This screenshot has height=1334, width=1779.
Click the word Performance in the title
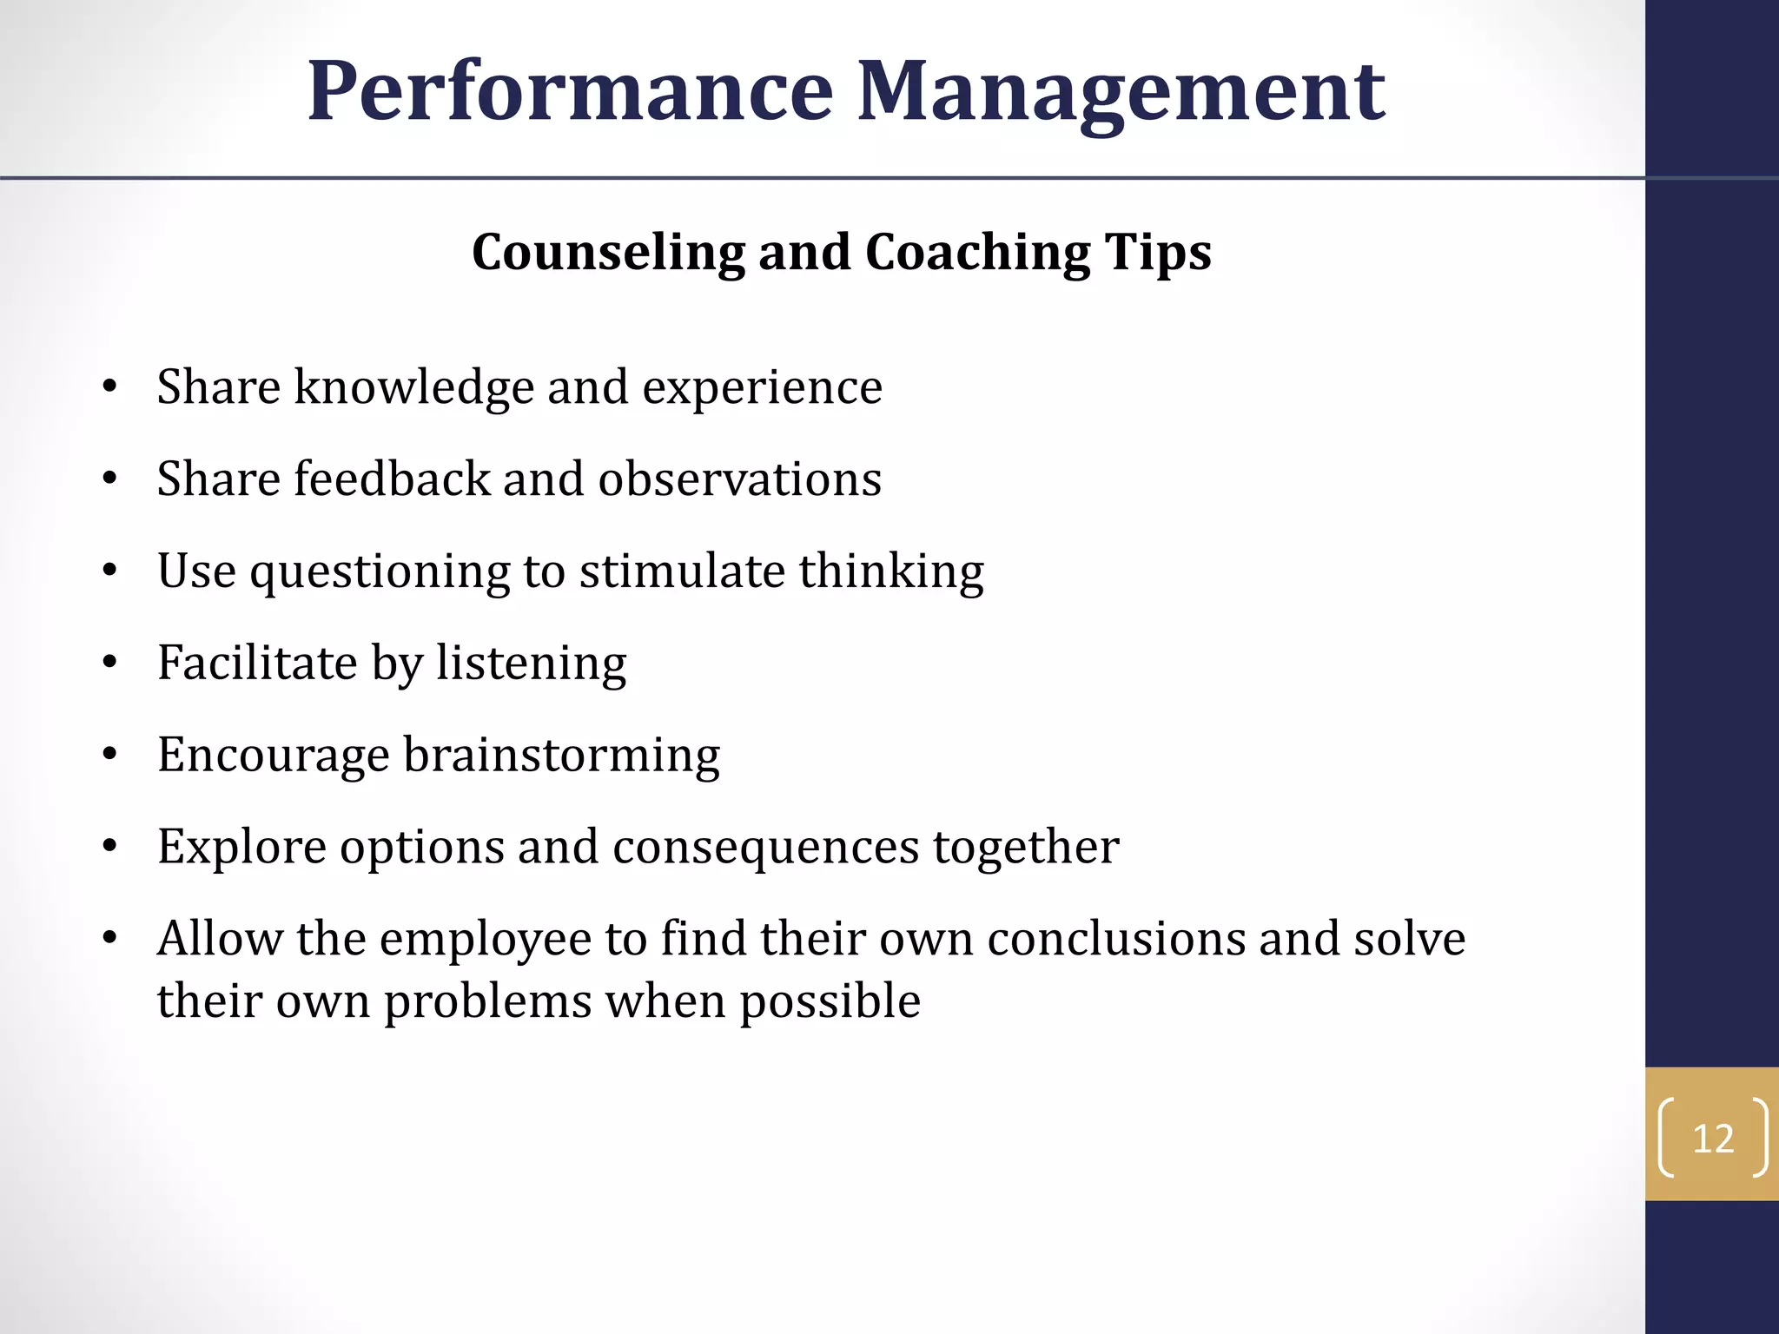tap(571, 91)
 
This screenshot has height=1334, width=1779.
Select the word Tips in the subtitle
tap(1158, 253)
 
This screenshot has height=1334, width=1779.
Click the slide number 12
tap(1713, 1139)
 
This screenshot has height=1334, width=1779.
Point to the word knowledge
tap(413, 386)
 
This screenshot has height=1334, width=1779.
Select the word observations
tap(739, 479)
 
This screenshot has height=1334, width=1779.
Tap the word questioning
tap(380, 572)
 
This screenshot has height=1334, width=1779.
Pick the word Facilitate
tap(257, 663)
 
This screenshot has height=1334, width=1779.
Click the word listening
tap(531, 664)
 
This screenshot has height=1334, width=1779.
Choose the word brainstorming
tap(561, 755)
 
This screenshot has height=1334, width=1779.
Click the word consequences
tap(765, 847)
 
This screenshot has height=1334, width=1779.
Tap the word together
tap(1026, 849)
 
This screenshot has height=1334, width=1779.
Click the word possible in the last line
tap(830, 1001)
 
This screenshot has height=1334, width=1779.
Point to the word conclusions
tap(1116, 939)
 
